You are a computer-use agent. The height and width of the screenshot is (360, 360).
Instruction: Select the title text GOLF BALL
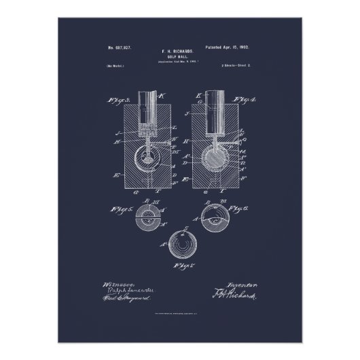(180, 57)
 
